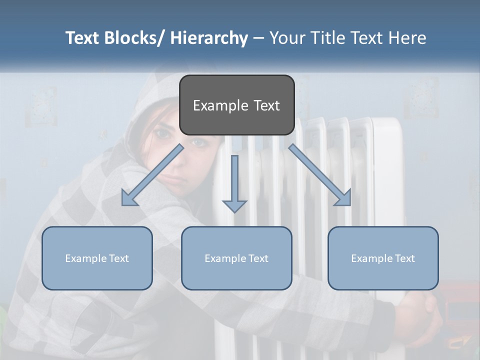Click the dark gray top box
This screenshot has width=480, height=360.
236,105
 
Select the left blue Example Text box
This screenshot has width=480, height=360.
97,258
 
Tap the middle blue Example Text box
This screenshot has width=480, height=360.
236,258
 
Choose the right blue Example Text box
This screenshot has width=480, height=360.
383,258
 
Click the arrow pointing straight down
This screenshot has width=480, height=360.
234,185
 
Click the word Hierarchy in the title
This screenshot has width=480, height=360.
209,38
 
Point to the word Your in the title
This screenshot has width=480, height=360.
286,38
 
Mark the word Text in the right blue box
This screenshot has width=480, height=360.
404,258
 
